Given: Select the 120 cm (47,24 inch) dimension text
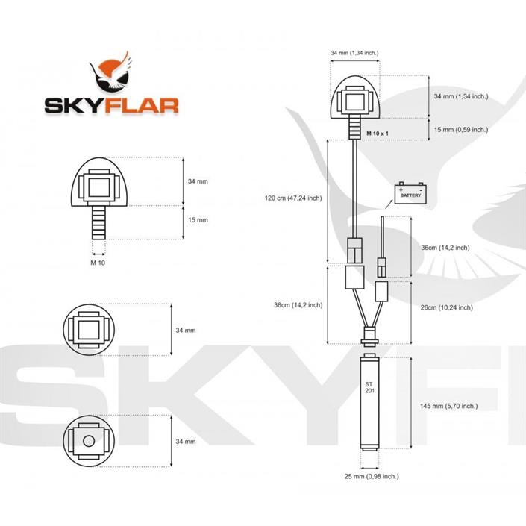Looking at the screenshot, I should click(293, 198).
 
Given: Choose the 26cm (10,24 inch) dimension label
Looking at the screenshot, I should click(446, 307).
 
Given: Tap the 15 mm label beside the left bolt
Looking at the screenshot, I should click(198, 220).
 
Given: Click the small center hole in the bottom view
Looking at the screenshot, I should click(89, 440).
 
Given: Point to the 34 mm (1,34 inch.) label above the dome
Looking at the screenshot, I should click(354, 53).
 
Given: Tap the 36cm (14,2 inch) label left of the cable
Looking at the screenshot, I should click(298, 304).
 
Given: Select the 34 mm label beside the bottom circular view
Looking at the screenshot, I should click(185, 441).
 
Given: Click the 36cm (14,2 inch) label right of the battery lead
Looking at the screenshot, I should click(445, 248).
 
